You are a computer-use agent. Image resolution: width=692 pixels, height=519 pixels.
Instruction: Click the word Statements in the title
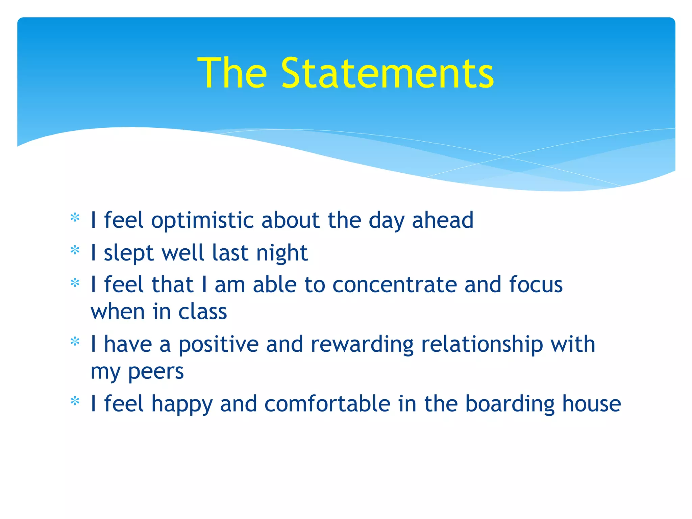387,73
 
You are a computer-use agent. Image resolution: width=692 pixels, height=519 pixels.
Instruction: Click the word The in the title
232,73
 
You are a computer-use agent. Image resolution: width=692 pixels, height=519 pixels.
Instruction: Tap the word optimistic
202,221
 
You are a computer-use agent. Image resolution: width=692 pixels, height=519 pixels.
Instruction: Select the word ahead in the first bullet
443,220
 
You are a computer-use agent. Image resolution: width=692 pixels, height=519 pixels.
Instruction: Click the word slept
129,253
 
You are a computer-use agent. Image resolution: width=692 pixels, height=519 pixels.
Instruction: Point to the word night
282,253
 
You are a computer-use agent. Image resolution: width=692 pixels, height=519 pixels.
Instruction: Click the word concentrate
394,285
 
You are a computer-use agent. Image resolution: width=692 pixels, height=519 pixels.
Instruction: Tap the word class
202,312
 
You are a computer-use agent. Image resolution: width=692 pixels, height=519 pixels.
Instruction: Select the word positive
218,345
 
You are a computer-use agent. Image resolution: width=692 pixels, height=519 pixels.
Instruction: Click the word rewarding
362,345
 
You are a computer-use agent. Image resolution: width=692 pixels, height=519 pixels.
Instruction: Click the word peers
156,372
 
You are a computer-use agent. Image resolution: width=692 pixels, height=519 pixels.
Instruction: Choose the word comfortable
327,404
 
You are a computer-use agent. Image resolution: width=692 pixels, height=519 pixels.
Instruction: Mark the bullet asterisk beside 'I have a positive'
75,342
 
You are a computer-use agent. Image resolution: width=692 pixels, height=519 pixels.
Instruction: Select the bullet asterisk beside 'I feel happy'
75,401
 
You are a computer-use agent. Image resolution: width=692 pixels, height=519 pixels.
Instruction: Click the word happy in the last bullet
182,404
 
